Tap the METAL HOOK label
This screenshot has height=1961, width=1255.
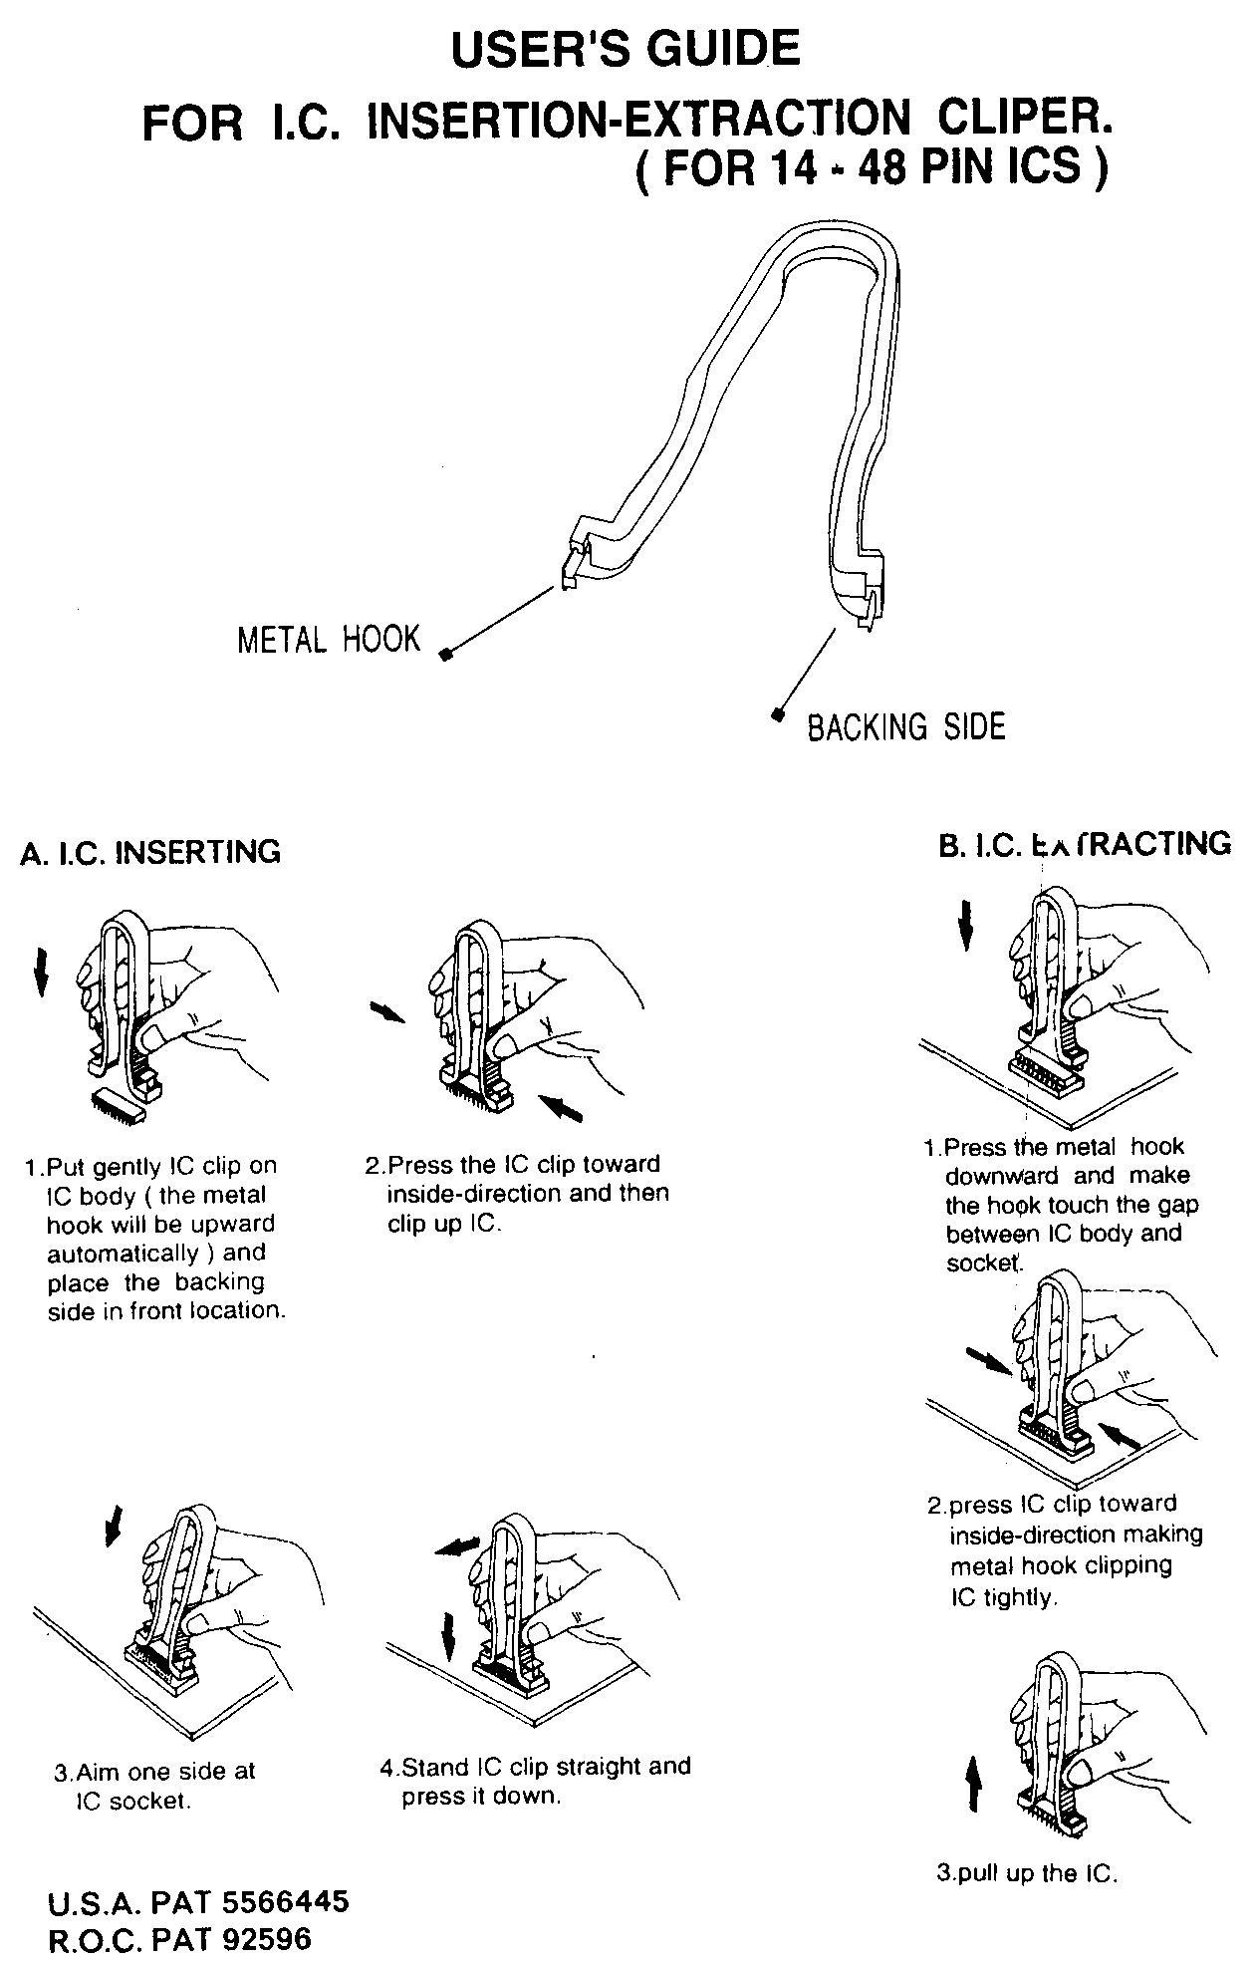[329, 639]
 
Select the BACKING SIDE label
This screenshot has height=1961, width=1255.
[906, 726]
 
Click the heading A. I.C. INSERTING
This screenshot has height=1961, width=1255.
[150, 852]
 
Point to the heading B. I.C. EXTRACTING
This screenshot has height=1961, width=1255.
[1085, 844]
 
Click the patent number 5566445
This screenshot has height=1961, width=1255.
[285, 1901]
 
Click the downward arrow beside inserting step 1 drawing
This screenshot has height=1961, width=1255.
[40, 972]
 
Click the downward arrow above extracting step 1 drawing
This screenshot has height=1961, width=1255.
[964, 925]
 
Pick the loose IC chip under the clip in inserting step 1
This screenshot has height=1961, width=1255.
[118, 1102]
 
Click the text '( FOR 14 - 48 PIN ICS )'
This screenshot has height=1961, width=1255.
[872, 166]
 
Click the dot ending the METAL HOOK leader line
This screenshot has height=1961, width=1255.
[446, 655]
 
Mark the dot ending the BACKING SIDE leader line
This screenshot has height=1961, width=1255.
[777, 713]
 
